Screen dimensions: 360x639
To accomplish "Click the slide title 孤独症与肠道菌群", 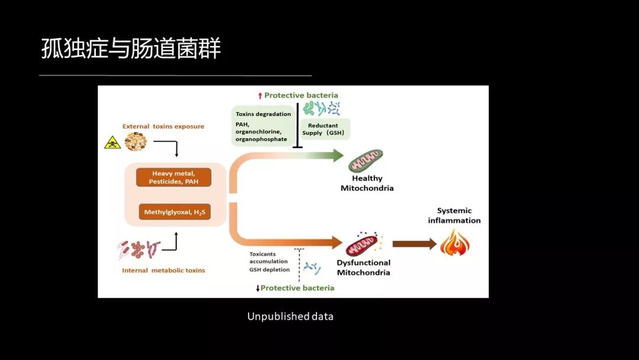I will click(x=131, y=49).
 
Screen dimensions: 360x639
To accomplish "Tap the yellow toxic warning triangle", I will click(x=112, y=142).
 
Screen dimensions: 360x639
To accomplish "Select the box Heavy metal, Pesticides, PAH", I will click(x=174, y=178).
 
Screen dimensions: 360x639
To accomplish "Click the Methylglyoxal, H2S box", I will click(x=175, y=211).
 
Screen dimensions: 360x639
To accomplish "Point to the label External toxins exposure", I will click(x=163, y=126).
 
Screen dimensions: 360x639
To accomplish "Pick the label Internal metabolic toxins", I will click(x=163, y=270).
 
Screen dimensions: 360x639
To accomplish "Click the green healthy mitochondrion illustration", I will click(x=366, y=160).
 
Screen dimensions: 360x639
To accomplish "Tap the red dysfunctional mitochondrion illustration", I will click(x=362, y=244).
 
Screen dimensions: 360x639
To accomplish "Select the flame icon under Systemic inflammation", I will click(x=454, y=243).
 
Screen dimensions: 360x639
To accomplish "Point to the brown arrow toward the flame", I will click(x=414, y=244).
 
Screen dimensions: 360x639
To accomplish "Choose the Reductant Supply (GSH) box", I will click(x=325, y=129).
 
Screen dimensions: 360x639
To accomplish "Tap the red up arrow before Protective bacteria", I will click(x=259, y=95).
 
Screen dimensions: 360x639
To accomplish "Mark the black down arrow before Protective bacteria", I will click(x=257, y=288).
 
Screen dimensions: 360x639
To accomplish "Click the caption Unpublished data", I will click(x=290, y=317).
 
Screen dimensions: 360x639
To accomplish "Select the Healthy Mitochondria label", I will click(x=367, y=183).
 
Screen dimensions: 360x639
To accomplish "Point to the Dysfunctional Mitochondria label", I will click(x=363, y=268).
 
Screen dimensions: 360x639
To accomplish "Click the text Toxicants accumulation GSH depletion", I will click(x=269, y=262).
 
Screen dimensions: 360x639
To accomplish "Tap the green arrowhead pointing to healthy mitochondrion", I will click(x=337, y=156).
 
